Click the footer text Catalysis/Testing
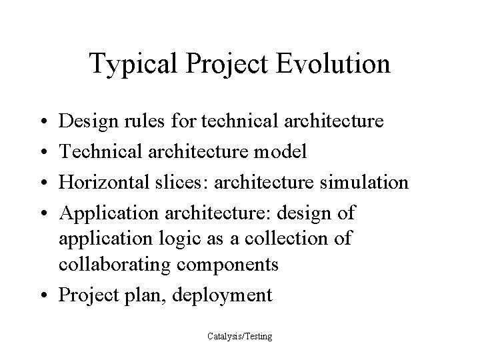[x=239, y=337]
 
